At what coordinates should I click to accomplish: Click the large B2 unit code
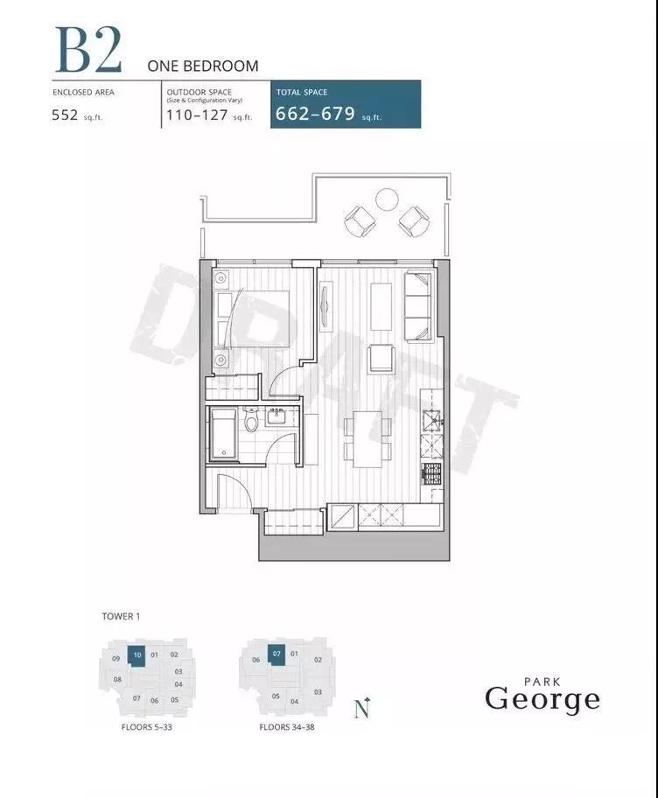tap(88, 49)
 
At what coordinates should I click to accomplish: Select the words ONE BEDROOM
tap(202, 66)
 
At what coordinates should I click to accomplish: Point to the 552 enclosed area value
tap(65, 115)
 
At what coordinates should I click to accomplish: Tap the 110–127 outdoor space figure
tap(197, 115)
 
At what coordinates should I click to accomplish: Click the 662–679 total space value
tap(315, 113)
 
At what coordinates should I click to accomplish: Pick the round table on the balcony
tap(386, 199)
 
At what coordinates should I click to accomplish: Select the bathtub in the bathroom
tap(223, 434)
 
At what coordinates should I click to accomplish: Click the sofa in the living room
tap(418, 307)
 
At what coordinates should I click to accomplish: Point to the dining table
tap(367, 438)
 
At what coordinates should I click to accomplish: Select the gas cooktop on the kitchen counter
tap(431, 474)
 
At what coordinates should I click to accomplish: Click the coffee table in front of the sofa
tap(381, 306)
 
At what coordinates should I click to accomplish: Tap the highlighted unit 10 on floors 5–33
tap(136, 655)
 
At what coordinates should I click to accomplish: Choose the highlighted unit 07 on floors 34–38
tap(276, 654)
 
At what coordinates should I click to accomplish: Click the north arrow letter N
tap(362, 709)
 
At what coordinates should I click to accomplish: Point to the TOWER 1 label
tap(121, 616)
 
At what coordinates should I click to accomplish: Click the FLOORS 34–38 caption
tap(287, 727)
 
